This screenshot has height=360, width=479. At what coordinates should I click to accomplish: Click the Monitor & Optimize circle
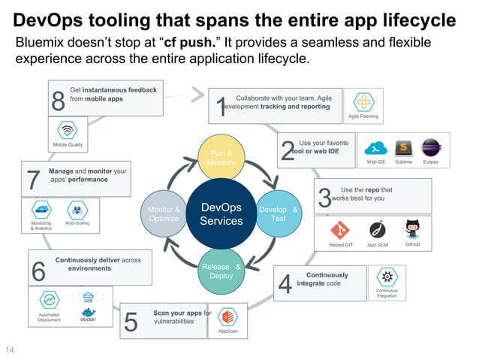[x=164, y=213]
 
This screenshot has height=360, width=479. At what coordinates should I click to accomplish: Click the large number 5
[x=131, y=322]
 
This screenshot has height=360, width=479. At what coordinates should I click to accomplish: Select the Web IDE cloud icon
[x=375, y=147]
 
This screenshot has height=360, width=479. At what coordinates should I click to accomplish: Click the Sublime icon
[x=403, y=147]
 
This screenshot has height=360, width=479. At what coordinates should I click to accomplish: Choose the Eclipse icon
[x=430, y=147]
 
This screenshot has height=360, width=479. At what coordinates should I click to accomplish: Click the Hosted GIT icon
[x=340, y=230]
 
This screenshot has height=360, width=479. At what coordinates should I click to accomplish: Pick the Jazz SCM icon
[x=377, y=230]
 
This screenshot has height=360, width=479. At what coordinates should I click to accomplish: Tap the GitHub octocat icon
[x=412, y=229]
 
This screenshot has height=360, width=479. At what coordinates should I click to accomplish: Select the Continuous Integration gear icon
[x=387, y=276]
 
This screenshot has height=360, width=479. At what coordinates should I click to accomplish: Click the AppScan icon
[x=227, y=316]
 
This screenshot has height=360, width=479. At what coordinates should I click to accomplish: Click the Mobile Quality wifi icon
[x=68, y=129]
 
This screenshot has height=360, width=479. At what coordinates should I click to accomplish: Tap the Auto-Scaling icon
[x=77, y=210]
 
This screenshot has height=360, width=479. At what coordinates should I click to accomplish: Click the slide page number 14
[x=11, y=350]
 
